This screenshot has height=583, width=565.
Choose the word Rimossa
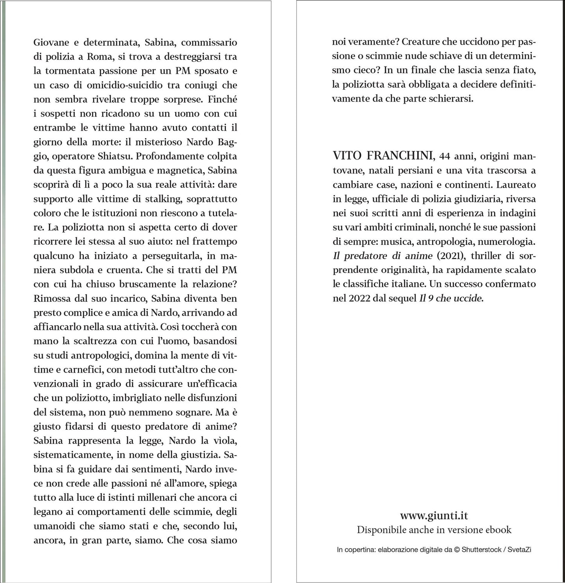tap(52, 298)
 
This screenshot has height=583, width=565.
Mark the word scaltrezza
tap(95, 341)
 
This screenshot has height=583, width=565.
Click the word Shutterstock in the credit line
tap(481, 549)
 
